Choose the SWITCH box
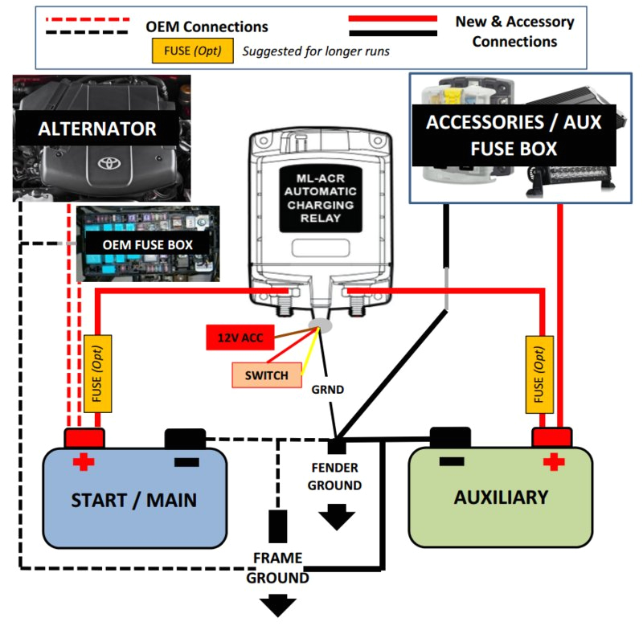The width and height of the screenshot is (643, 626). tap(266, 375)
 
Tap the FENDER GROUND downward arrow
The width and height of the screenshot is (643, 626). tap(337, 518)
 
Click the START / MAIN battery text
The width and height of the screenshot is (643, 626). tap(133, 500)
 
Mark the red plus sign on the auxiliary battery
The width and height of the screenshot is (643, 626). tap(552, 462)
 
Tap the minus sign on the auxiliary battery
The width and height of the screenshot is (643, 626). tap(451, 462)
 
